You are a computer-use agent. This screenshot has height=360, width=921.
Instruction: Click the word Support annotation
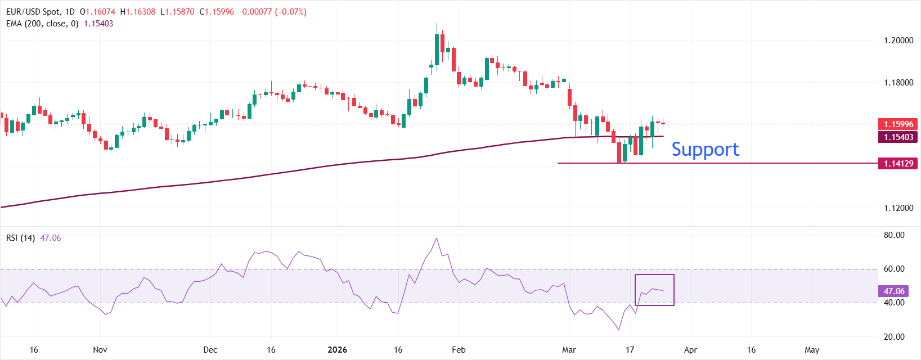pyautogui.click(x=705, y=149)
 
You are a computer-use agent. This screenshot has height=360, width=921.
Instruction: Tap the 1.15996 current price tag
pyautogui.click(x=898, y=124)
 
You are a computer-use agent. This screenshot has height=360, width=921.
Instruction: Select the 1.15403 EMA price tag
pyautogui.click(x=898, y=137)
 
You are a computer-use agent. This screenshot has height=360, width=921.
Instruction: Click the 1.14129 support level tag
pyautogui.click(x=898, y=164)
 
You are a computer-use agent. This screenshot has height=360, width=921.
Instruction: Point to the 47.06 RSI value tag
pyautogui.click(x=893, y=291)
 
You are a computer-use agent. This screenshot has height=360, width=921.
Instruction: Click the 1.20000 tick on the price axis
pyautogui.click(x=898, y=40)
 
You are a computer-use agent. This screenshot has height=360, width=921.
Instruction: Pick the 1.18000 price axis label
pyautogui.click(x=898, y=83)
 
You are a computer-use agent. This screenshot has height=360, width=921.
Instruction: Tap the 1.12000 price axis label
pyautogui.click(x=898, y=208)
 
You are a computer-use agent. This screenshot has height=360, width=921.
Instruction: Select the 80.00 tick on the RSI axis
pyautogui.click(x=894, y=235)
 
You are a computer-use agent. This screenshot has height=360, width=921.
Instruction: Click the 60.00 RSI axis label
pyautogui.click(x=894, y=269)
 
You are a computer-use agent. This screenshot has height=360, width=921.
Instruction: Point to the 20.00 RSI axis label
pyautogui.click(x=894, y=337)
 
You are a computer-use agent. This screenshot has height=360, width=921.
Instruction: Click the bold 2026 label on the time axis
pyautogui.click(x=337, y=350)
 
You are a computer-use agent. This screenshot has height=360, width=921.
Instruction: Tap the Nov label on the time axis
pyautogui.click(x=100, y=350)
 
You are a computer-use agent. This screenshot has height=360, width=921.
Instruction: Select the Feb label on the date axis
pyautogui.click(x=459, y=350)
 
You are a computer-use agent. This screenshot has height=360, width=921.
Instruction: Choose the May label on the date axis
pyautogui.click(x=812, y=350)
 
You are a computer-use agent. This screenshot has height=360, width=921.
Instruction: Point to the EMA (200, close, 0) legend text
pyautogui.click(x=42, y=24)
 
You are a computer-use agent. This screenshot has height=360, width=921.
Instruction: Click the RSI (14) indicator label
pyautogui.click(x=20, y=238)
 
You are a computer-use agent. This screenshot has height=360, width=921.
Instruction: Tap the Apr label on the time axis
pyautogui.click(x=690, y=350)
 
